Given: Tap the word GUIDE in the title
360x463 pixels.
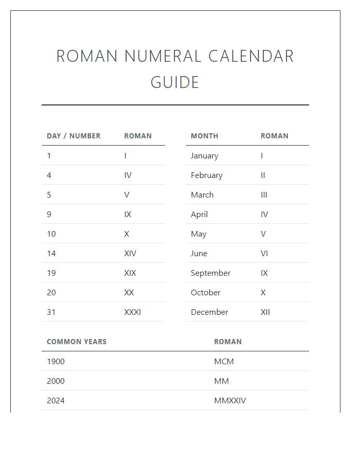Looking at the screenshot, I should point(175,82).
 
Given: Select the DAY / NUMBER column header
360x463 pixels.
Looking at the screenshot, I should point(74,136).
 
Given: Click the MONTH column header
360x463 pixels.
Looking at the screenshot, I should point(204,136).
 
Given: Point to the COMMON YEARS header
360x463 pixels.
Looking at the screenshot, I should point(77,342).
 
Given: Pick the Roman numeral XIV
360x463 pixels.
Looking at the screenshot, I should point(130,253).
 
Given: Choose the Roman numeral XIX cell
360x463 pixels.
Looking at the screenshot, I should point(130,273).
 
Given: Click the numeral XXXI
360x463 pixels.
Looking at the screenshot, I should point(132,312).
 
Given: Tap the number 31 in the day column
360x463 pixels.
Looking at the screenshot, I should point(51,312).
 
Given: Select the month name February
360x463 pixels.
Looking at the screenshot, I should point(206,175).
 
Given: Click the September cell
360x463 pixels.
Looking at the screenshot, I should point(210,273).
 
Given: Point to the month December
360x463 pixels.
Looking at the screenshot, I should point(209,312).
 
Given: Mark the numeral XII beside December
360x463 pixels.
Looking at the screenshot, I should point(265,312).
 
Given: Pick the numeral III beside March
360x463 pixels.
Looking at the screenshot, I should point(264,194).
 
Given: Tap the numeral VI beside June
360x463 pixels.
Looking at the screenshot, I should point(264,253).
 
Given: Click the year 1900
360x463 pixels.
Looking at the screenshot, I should point(56,361).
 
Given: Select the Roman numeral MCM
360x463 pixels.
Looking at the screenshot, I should point(224,361).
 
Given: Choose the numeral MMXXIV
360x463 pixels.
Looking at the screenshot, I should point(230,400).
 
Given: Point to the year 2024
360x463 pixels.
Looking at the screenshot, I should point(56,400).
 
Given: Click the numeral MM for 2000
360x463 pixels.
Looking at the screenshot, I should point(221,381).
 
